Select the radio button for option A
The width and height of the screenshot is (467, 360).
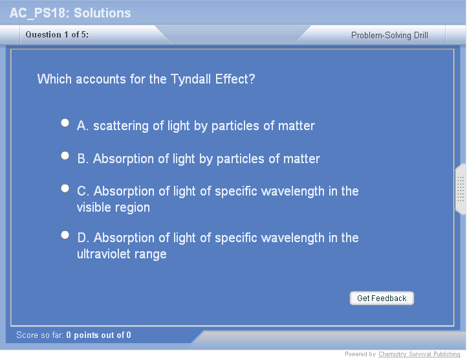click(x=65, y=123)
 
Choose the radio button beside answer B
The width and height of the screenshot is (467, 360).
click(x=65, y=155)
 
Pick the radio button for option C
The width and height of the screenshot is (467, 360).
click(x=65, y=188)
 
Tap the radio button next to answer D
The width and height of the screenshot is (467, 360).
click(x=65, y=235)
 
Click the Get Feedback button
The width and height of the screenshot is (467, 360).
click(x=382, y=298)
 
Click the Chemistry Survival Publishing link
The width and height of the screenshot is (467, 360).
click(x=419, y=354)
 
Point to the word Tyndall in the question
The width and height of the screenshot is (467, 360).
click(x=191, y=80)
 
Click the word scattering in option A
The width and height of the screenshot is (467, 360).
click(x=121, y=126)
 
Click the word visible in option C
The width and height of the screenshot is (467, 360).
click(x=94, y=207)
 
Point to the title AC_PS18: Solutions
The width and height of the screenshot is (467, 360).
click(x=71, y=13)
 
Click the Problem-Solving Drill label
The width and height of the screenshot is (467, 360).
click(x=389, y=35)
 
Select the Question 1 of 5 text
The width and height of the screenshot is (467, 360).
click(x=57, y=34)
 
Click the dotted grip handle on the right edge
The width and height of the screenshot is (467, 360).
click(x=461, y=189)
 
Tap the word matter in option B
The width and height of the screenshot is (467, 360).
click(x=301, y=159)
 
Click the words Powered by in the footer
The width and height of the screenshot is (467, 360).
click(x=360, y=354)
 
